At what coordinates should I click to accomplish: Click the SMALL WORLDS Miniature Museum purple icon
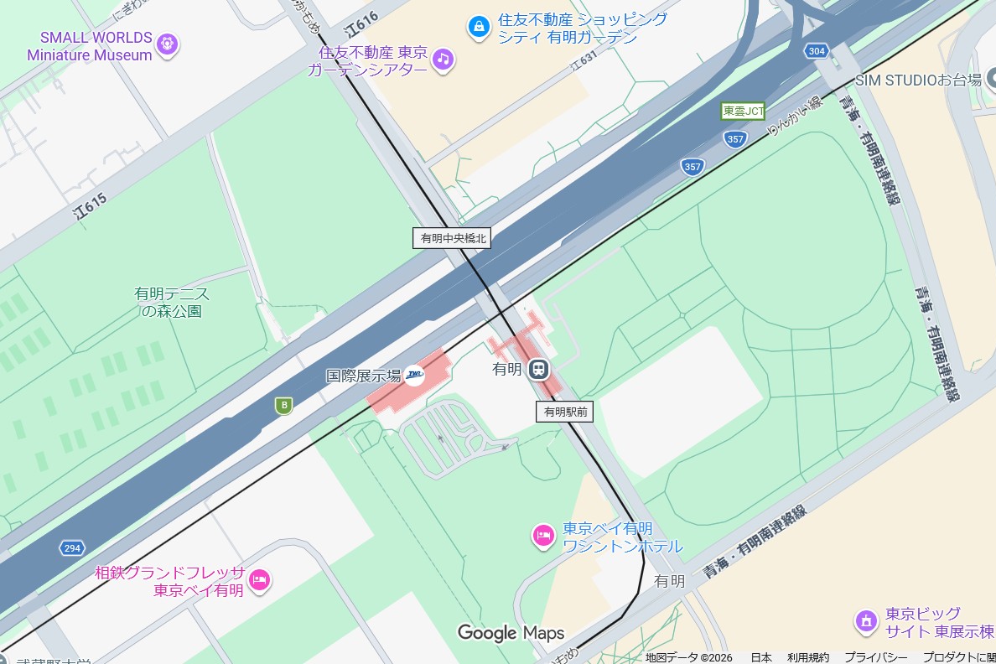point(168,43)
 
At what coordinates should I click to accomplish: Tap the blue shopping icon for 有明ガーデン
point(478,27)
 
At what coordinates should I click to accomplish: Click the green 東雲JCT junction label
point(743,111)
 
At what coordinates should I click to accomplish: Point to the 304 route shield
point(816,51)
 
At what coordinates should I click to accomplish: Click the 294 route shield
point(72,548)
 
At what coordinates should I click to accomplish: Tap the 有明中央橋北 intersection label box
point(453,238)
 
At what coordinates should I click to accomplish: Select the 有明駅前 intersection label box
point(565,411)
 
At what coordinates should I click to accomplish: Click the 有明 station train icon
point(538,369)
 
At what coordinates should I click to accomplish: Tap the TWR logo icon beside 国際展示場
point(415,376)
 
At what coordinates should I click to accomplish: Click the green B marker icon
point(284,406)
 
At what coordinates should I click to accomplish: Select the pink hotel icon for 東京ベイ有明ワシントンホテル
point(543,535)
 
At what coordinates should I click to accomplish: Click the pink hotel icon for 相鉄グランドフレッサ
point(259,579)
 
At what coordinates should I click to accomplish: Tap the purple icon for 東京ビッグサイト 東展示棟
point(864,621)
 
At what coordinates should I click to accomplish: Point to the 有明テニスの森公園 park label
point(172,302)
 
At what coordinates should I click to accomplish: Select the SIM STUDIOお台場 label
point(918,80)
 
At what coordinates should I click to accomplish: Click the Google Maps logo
point(511,632)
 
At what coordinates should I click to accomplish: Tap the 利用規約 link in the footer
point(807,657)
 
